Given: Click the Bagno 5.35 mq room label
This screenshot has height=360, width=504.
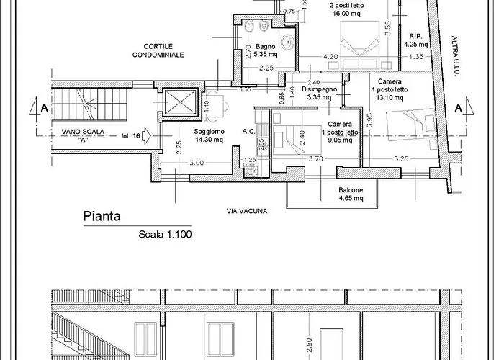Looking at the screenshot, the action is click(x=266, y=50).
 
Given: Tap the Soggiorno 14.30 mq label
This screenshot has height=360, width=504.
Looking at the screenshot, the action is click(x=210, y=135).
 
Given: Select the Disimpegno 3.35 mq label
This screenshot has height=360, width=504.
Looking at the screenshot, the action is click(x=319, y=93).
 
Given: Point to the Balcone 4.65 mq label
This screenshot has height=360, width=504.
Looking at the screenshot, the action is click(x=351, y=194).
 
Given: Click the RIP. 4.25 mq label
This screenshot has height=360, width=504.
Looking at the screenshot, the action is click(x=416, y=40).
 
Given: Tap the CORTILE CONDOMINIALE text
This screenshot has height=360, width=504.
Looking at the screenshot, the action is click(x=158, y=51).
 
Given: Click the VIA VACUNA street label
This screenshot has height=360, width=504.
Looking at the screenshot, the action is click(x=247, y=211).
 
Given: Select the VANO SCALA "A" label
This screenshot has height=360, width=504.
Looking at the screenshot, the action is click(x=83, y=135).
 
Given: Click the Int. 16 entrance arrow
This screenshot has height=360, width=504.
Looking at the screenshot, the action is click(x=146, y=135).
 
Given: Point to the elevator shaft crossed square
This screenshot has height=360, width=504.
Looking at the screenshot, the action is click(x=180, y=102).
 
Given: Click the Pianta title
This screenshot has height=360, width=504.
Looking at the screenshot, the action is click(x=102, y=216).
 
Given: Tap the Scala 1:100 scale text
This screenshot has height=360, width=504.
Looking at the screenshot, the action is click(x=165, y=234).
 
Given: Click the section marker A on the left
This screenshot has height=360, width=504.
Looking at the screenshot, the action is click(x=45, y=108).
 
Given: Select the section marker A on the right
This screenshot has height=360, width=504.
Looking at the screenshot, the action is click(x=459, y=108).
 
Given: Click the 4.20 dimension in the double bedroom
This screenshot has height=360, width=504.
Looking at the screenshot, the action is click(x=330, y=57).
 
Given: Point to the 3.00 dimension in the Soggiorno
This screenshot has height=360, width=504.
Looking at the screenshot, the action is click(x=197, y=163).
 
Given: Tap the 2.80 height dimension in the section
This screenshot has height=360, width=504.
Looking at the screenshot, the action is click(x=309, y=345).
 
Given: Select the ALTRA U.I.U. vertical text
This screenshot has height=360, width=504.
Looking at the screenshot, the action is click(x=454, y=56).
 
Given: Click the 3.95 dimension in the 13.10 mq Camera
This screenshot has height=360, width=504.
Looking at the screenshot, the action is click(x=369, y=120).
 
